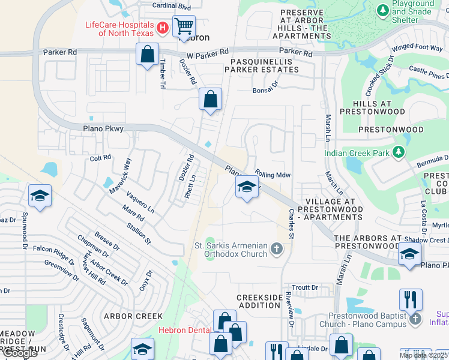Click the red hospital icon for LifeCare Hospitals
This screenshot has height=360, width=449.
coord(161,28)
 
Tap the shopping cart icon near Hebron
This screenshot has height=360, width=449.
coord(184,26)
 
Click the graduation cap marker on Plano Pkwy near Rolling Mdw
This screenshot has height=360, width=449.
coord(246,187)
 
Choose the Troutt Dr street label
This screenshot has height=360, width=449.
coord(303,288)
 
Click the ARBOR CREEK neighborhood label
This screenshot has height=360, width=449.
coord(133,316)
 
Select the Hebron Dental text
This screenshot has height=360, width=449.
coord(184,330)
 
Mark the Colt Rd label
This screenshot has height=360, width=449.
coord(100,157)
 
